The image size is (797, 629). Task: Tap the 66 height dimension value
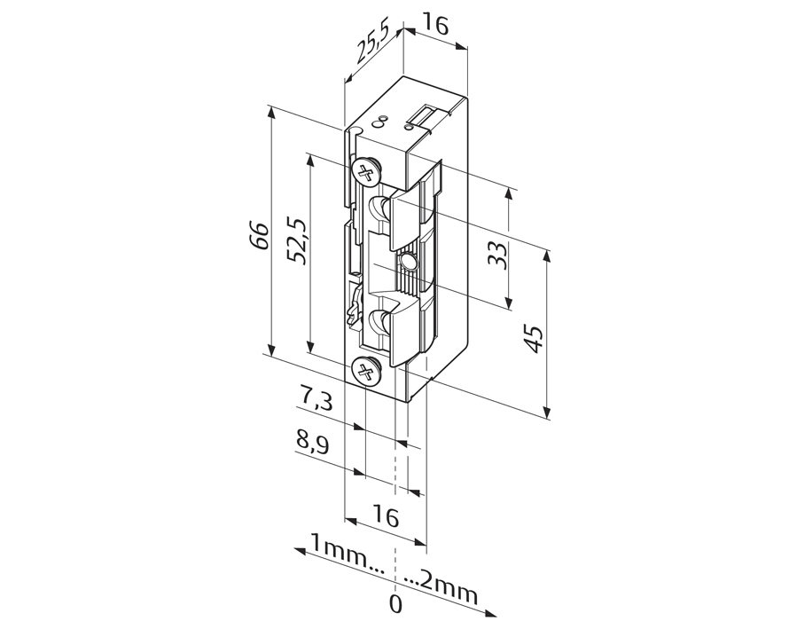[x=261, y=235]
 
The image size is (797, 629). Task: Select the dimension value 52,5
[x=296, y=241]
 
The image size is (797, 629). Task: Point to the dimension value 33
[x=496, y=256]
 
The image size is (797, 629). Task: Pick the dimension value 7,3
[x=315, y=398]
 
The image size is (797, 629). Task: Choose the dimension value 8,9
[x=313, y=443]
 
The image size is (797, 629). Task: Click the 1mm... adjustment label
[x=348, y=558]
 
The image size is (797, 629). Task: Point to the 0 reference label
[x=395, y=604]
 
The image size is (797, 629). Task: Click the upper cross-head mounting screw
[x=366, y=172]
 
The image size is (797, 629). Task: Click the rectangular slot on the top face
[x=425, y=115]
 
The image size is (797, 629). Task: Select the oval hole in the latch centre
[x=408, y=263]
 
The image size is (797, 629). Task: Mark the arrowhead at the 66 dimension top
[x=272, y=113]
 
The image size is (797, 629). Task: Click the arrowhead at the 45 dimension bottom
[x=547, y=413]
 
